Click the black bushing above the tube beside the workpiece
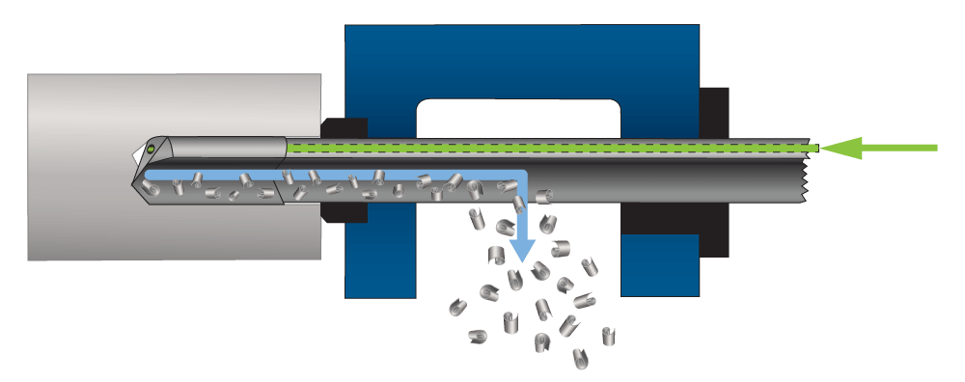344,126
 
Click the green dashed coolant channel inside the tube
550,148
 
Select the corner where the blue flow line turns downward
522,176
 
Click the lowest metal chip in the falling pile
580,361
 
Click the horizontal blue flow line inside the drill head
212,177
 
